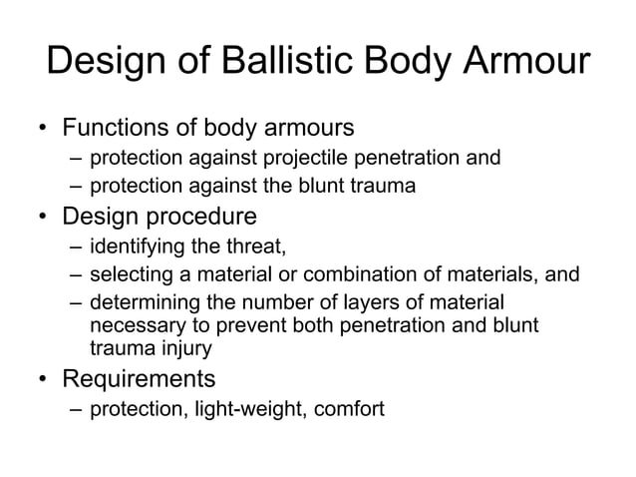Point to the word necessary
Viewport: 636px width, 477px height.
click(x=131, y=325)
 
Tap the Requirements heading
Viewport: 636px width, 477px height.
click(x=139, y=379)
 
